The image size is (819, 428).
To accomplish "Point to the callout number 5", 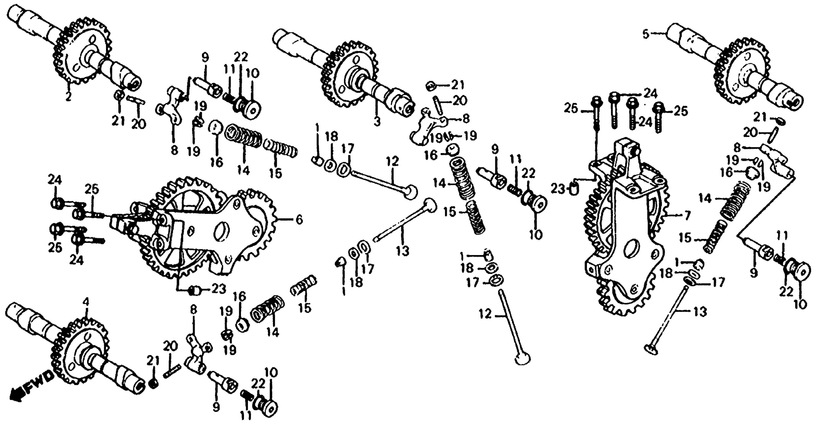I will [x=645, y=34].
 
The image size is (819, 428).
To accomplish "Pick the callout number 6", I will [x=299, y=220].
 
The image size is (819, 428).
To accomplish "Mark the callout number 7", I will [x=687, y=216].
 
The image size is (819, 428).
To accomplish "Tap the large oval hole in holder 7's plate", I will [x=633, y=249].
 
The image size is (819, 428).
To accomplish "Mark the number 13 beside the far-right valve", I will [x=700, y=312].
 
